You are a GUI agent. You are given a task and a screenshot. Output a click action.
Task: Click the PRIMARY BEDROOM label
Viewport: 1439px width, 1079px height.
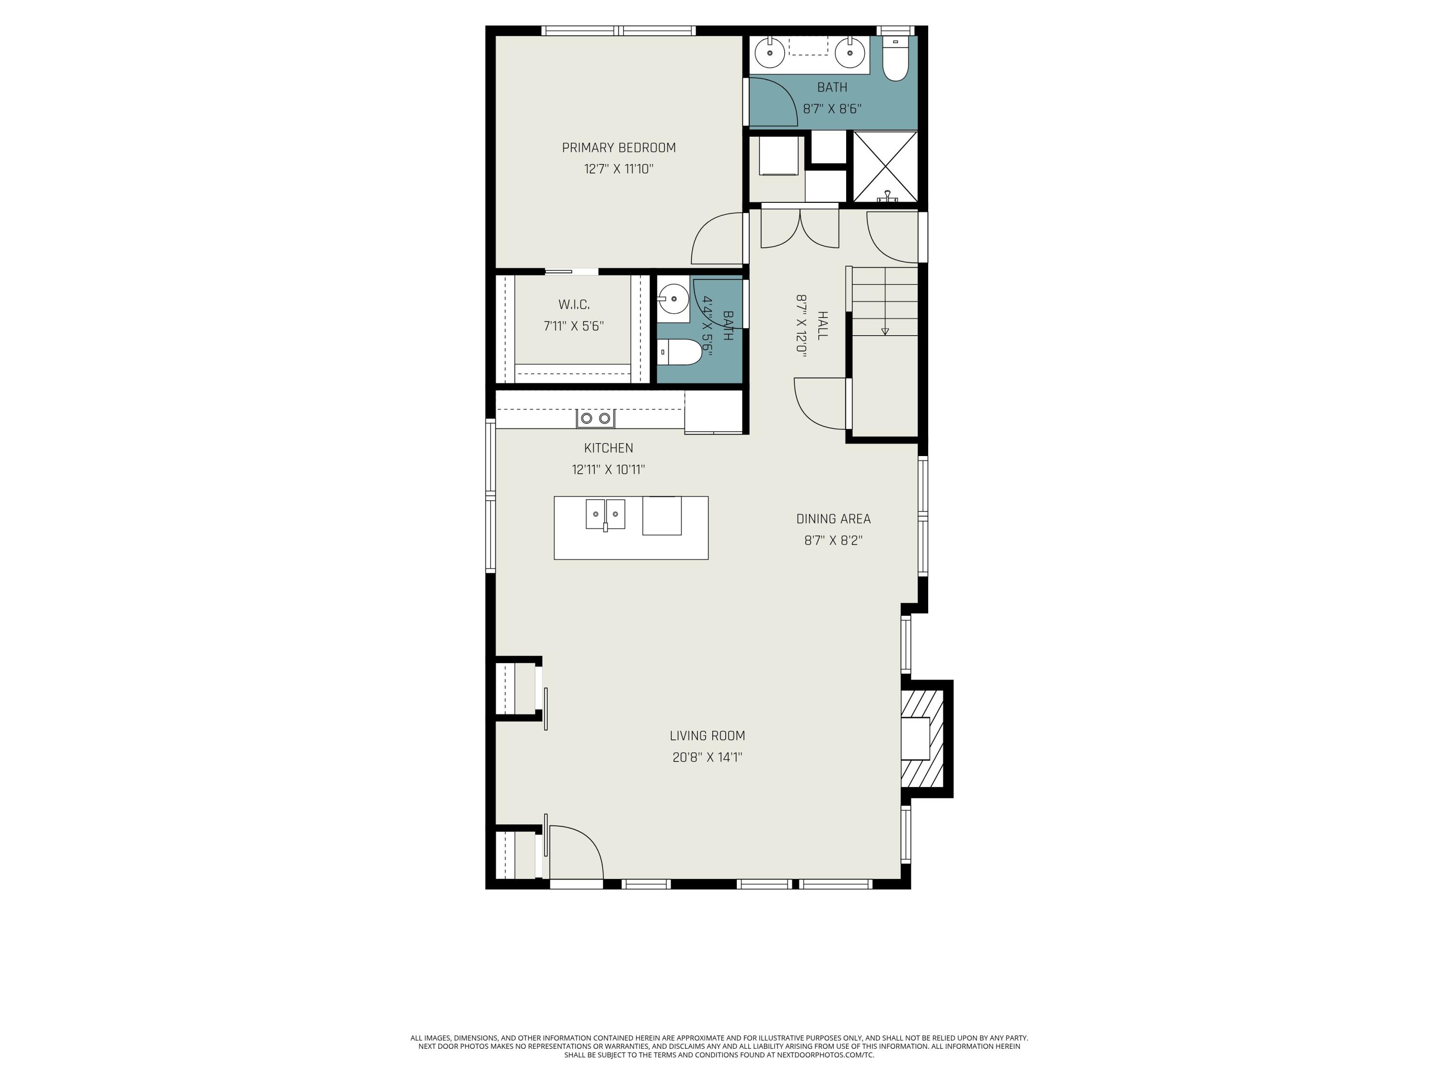tap(619, 148)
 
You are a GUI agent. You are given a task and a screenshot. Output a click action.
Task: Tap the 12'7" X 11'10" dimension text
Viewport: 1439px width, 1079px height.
tap(619, 169)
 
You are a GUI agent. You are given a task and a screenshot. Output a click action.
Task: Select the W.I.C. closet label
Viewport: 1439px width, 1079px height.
tap(574, 305)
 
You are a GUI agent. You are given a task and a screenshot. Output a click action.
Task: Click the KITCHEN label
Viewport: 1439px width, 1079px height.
tap(608, 448)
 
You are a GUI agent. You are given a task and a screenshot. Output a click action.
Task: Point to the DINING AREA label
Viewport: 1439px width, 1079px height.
tap(833, 519)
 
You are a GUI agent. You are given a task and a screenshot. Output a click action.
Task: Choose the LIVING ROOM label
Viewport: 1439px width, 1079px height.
tap(707, 736)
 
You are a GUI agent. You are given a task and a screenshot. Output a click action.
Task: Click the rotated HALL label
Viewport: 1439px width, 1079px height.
tap(822, 325)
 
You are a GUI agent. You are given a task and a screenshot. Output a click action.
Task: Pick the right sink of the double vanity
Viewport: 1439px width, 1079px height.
tap(849, 52)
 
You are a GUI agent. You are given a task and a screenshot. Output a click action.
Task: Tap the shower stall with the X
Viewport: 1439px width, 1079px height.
tap(885, 166)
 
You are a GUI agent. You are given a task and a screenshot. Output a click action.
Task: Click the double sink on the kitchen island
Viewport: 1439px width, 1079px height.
tap(605, 515)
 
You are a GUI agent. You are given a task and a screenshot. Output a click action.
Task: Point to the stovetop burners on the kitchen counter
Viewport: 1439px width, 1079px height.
tap(595, 418)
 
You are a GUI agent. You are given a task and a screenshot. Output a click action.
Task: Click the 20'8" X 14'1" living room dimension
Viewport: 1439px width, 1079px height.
tap(707, 757)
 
